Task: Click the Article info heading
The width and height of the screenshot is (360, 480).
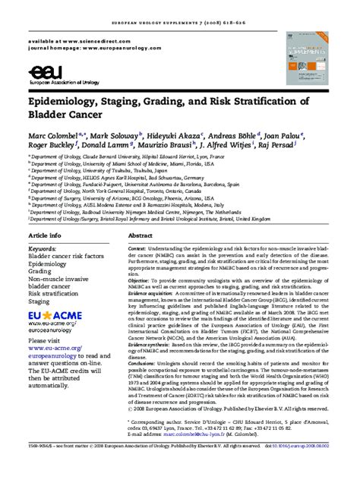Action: [45, 215]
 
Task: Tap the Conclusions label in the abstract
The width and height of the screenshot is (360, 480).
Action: [144, 363]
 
